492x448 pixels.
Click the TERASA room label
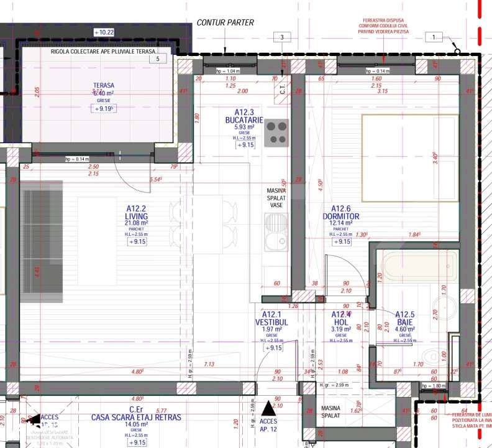103,86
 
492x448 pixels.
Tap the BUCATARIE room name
245,120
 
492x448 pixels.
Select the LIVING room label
136,216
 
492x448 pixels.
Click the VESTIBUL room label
271,323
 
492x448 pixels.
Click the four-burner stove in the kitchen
276,133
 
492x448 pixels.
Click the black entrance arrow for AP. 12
268,408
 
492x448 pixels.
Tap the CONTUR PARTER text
225,22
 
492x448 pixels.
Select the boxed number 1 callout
434,37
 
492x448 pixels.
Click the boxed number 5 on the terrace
158,59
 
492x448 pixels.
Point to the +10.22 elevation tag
103,32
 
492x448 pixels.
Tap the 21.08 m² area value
136,223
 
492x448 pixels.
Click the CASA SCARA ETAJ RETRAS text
136,418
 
